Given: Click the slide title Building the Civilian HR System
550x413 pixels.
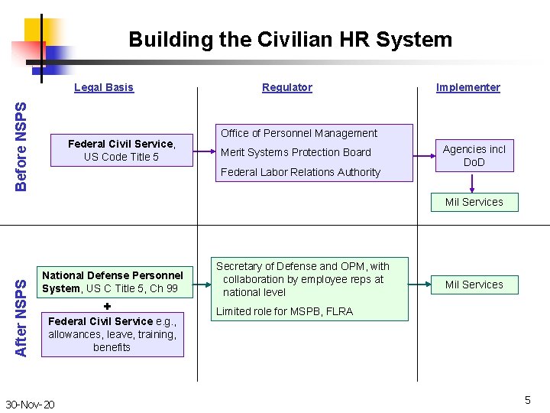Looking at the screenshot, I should [x=290, y=39].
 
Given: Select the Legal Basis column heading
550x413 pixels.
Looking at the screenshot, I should [x=104, y=87].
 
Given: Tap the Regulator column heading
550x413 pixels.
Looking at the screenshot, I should [x=287, y=87].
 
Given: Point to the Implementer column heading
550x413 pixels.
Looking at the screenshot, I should [x=467, y=87].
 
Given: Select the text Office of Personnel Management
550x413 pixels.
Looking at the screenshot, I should [x=299, y=133].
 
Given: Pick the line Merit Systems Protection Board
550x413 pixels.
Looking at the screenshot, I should [x=296, y=152].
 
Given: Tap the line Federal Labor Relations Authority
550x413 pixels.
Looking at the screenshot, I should [x=300, y=172].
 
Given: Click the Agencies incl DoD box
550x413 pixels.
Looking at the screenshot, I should [x=474, y=155].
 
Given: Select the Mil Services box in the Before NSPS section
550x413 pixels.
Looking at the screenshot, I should [x=474, y=202].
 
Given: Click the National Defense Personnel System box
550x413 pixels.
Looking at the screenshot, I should [x=112, y=281].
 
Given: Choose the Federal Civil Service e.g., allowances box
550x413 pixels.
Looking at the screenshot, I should [x=112, y=334].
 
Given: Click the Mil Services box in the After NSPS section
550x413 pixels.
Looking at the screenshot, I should [x=474, y=285].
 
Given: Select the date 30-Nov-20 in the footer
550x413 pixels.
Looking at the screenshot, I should [x=30, y=404].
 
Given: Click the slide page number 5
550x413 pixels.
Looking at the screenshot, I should [x=527, y=400].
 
